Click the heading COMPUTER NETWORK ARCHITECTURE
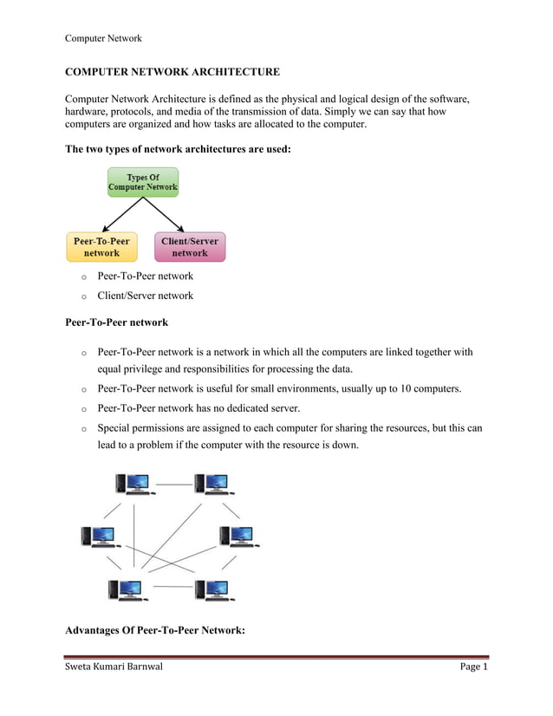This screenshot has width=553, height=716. [x=172, y=71]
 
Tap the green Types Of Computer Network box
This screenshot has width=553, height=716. [x=143, y=182]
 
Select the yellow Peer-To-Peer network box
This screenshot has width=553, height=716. [x=101, y=247]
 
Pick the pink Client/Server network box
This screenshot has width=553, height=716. [x=190, y=247]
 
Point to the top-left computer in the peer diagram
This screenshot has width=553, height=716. [x=133, y=484]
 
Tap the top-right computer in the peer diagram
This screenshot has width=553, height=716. [x=212, y=484]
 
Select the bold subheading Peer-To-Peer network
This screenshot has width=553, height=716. [x=116, y=322]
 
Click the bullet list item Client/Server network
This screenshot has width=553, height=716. [x=145, y=296]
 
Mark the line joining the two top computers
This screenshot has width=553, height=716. [x=174, y=483]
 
